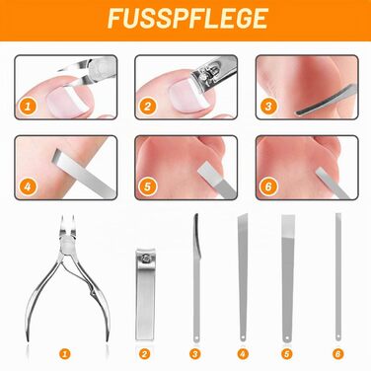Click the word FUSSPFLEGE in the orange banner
[x=187, y=19]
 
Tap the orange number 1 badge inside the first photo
[x=28, y=107]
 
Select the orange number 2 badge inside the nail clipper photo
[x=147, y=107]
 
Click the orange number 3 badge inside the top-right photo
[x=268, y=107]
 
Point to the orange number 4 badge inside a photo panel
[x=28, y=186]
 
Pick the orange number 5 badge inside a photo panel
[x=147, y=186]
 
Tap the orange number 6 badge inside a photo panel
[x=268, y=186]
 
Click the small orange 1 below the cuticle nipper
[x=65, y=354]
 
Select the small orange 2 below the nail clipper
[x=145, y=354]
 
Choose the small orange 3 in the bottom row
[x=195, y=354]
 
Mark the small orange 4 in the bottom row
[x=243, y=354]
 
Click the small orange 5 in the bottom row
[x=287, y=354]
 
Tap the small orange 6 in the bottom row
[x=337, y=354]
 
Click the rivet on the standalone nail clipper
[x=145, y=259]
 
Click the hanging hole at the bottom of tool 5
[x=287, y=337]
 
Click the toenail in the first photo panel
[x=67, y=101]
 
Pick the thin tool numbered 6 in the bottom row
[x=338, y=277]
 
